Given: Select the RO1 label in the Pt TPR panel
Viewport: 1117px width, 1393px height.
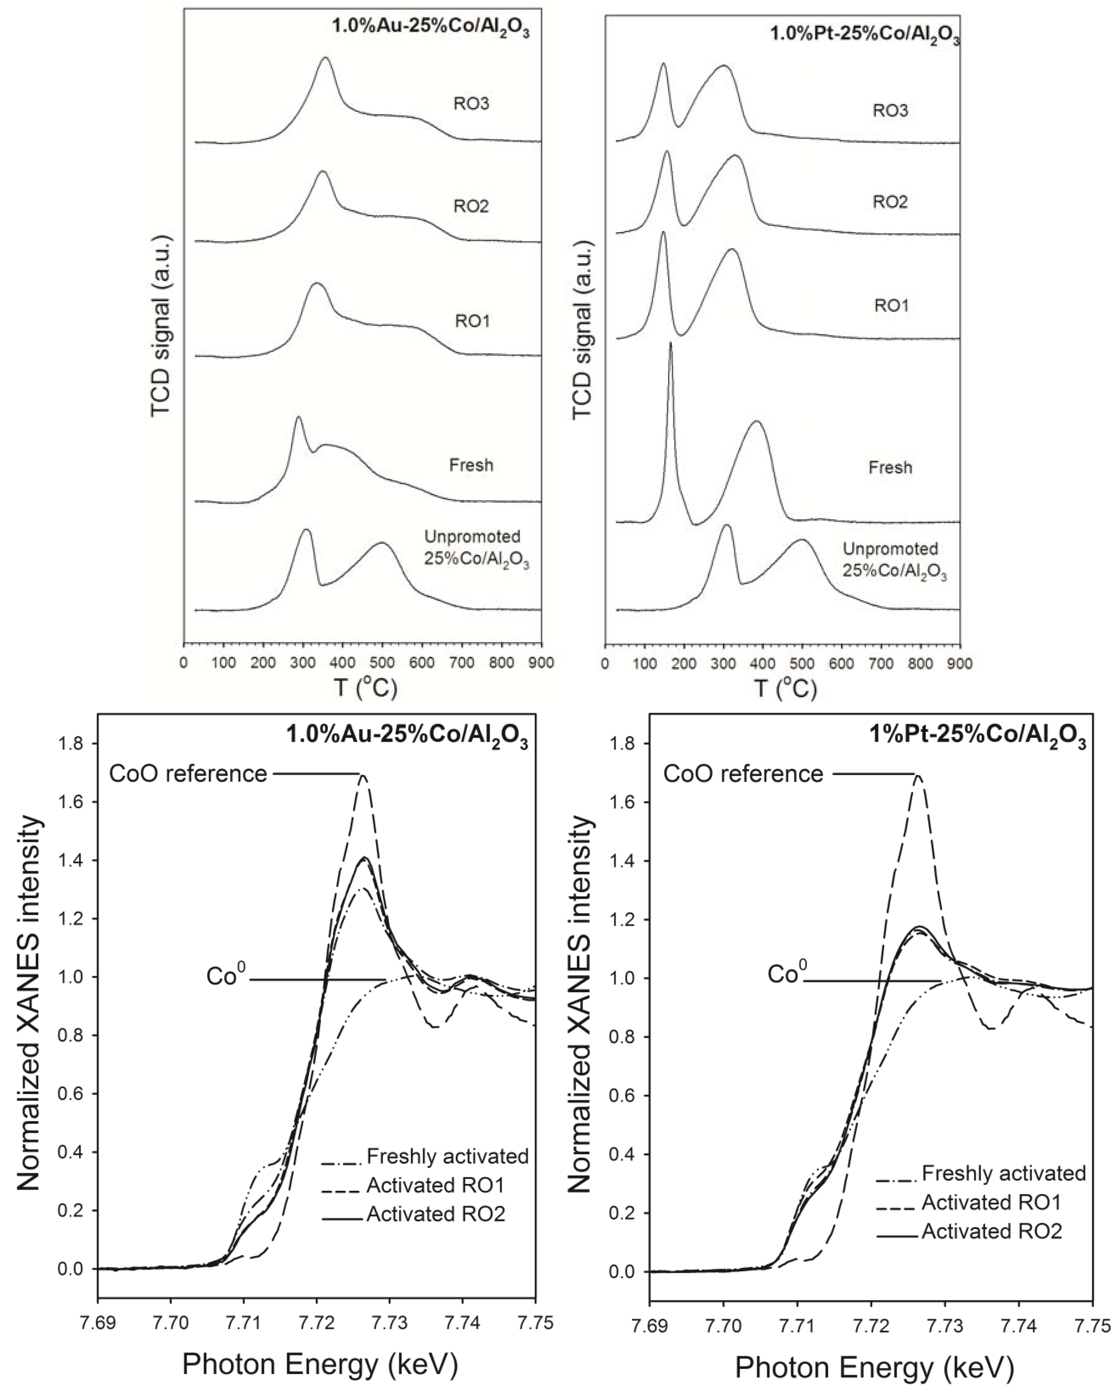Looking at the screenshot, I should coord(891,306).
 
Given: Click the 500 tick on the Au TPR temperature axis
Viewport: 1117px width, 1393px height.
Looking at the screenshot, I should coord(382,663).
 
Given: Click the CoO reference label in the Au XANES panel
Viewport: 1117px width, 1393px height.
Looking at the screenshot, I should coord(188,774).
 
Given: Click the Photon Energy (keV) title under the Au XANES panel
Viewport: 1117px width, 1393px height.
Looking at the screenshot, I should coord(320,1365).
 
